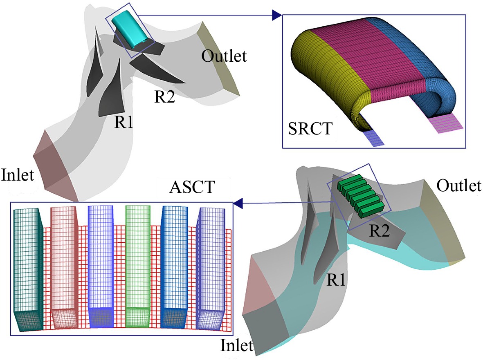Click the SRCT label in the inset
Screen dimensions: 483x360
pyautogui.click(x=310, y=129)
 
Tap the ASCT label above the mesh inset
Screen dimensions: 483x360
pyautogui.click(x=192, y=187)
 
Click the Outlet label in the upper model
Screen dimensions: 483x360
pyautogui.click(x=224, y=56)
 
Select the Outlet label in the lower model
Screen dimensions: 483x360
pyautogui.click(x=458, y=186)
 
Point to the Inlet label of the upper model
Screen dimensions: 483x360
pyautogui.click(x=18, y=175)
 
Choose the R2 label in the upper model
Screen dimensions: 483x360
pyautogui.click(x=164, y=96)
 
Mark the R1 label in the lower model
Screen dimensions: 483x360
pyautogui.click(x=336, y=280)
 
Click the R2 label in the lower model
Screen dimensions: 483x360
pyautogui.click(x=379, y=230)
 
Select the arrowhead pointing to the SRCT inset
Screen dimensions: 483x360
pyautogui.click(x=276, y=15)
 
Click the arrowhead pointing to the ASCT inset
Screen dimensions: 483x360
pyautogui.click(x=238, y=203)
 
